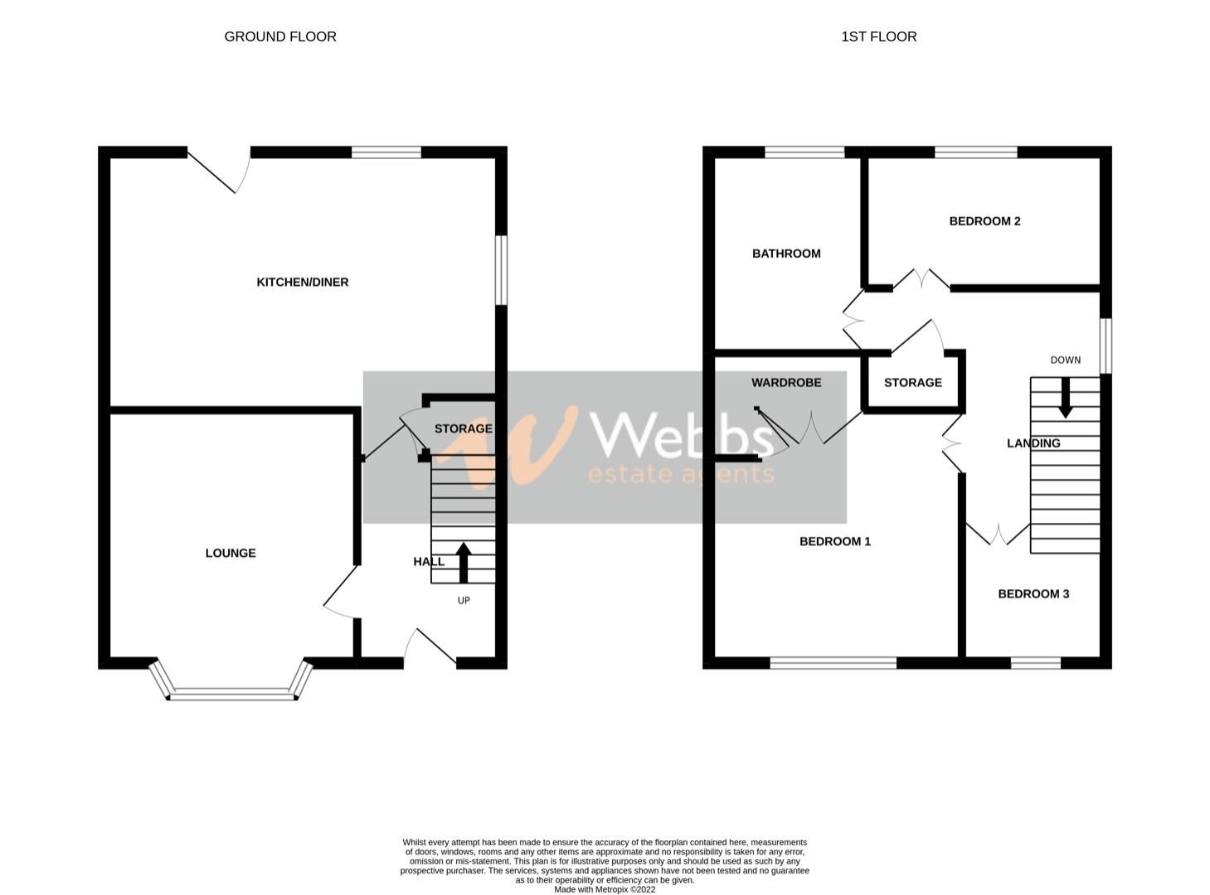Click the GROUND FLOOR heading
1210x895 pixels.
pos(280,36)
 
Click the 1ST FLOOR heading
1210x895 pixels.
pos(878,36)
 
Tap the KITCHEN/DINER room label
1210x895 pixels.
pos(303,283)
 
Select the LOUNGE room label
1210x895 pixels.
pos(231,554)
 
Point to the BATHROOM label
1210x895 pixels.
pos(786,254)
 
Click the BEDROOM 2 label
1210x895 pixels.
pos(984,221)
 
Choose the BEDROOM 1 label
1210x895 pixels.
pos(834,542)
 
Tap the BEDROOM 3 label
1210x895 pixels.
pos(1033,594)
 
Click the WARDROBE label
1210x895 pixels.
pos(786,383)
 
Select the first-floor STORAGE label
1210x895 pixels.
pos(912,383)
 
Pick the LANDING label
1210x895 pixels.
pos(1033,443)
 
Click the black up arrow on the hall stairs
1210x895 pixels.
pos(463,562)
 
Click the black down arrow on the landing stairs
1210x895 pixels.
pos(1065,398)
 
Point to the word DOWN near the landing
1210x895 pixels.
pos(1065,360)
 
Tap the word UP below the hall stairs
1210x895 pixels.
pos(464,600)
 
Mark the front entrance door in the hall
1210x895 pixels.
pos(431,649)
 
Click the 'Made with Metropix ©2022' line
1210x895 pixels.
pos(605,889)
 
